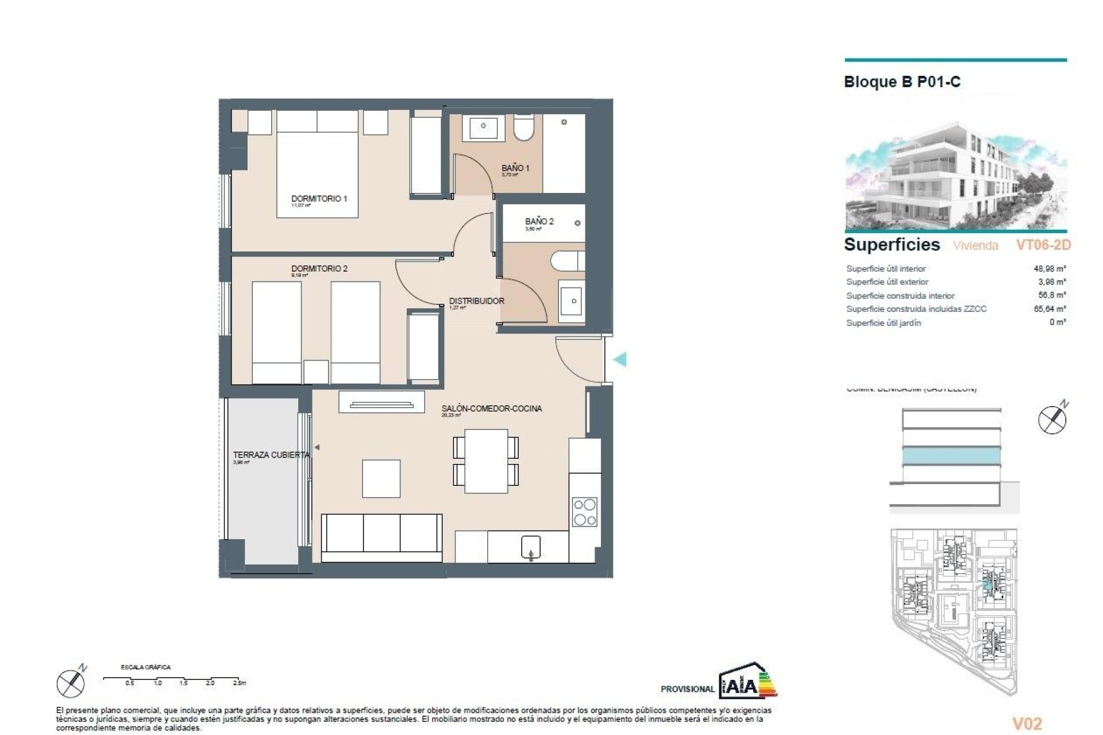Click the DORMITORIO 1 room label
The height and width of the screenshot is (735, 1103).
pos(319,199)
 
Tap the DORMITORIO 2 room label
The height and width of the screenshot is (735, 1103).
pos(319,268)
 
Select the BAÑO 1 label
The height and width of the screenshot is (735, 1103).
pos(515,168)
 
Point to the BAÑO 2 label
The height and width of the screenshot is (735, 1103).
pos(539,221)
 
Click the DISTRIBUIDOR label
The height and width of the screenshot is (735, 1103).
pos(476,301)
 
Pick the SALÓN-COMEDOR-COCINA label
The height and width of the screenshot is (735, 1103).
pos(491,408)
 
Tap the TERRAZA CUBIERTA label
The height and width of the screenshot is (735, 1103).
pos(271,455)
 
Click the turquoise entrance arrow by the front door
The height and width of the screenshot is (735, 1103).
pos(620,359)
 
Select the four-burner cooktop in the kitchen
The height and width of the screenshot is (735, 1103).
pos(584,512)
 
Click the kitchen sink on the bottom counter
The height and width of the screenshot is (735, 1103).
pos(530,547)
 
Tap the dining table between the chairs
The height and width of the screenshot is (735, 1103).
pos(486,461)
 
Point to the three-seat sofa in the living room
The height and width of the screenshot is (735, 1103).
pos(381,537)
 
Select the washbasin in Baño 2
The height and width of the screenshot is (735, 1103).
pos(572,301)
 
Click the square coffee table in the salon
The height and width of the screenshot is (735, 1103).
pos(381,478)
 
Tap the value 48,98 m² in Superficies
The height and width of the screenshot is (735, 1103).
pos(1049,268)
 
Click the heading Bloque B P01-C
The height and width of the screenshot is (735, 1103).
pos(901,82)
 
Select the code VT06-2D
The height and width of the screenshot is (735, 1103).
pos(1043,245)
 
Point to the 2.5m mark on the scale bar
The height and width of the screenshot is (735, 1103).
pos(239,683)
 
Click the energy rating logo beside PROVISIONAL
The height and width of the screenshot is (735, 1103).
pos(747,682)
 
